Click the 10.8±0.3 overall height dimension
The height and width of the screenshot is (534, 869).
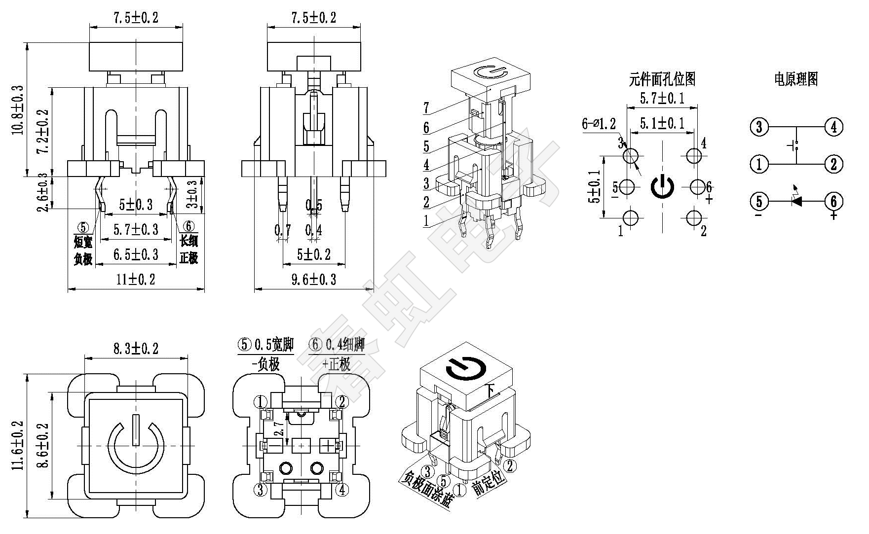17,109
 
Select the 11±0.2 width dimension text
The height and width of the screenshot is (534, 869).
136,280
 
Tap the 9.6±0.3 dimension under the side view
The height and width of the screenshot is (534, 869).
313,280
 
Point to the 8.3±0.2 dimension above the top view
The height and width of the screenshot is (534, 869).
136,349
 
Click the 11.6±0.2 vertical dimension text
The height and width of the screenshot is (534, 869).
18,446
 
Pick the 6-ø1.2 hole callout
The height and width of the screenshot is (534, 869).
599,124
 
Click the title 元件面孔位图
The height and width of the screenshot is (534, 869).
662,78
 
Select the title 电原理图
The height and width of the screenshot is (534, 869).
795,78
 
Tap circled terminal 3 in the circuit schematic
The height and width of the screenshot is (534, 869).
759,127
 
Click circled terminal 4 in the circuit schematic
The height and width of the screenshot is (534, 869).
833,127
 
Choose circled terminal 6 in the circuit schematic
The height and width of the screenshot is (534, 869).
833,201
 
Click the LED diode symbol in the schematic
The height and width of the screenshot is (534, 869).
795,201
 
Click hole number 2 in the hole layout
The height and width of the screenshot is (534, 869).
694,217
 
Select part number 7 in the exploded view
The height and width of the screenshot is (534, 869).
426,107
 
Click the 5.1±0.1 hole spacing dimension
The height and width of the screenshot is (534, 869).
662,123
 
